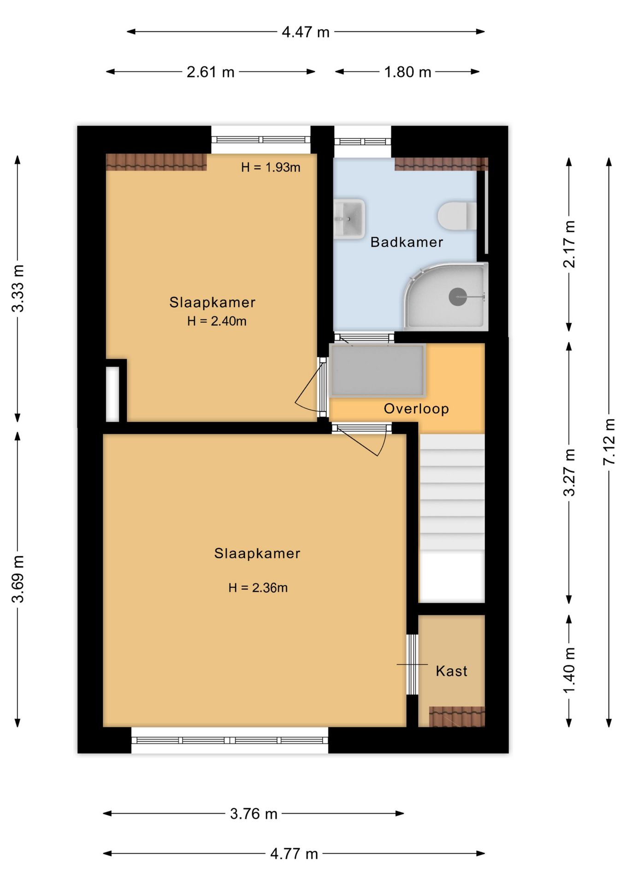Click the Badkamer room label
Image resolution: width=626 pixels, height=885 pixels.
[407, 242]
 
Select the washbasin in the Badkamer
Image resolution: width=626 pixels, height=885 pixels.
[349, 219]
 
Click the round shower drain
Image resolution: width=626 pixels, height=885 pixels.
[458, 297]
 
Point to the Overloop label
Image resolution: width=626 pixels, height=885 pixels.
[416, 409]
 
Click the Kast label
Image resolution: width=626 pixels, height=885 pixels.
[451, 671]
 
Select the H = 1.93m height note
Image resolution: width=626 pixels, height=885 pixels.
[271, 167]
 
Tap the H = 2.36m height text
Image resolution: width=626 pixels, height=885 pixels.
[258, 588]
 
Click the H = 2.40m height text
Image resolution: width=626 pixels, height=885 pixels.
[217, 321]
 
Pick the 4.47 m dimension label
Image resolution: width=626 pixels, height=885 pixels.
[306, 32]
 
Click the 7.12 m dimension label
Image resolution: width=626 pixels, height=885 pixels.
[609, 442]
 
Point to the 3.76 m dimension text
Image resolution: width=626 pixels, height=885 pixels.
[254, 814]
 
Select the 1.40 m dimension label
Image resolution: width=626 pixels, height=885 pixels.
[569, 670]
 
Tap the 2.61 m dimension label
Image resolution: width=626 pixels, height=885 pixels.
[211, 72]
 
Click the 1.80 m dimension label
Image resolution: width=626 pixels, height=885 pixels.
[407, 72]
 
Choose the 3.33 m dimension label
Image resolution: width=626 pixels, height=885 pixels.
[18, 289]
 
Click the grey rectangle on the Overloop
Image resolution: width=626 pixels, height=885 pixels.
[377, 371]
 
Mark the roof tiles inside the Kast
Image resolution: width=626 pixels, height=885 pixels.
[457, 716]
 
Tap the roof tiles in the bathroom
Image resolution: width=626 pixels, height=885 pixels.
[441, 164]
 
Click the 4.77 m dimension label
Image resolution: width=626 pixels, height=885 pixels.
[294, 854]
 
